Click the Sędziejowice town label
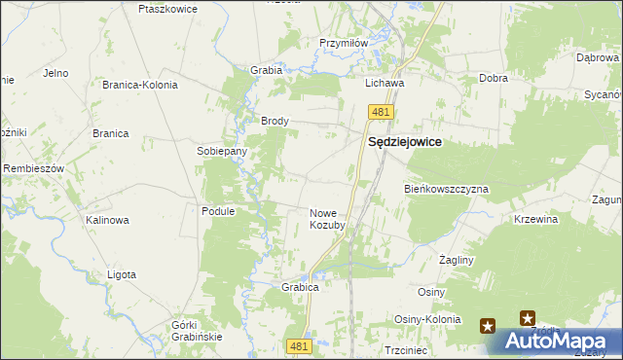pos(404,142)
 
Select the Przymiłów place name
pos(343,43)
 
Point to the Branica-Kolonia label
pos(140,85)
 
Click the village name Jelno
pos(55,73)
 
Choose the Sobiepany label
pos(222,152)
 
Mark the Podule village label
pos(218,211)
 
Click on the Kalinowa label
pos(107,220)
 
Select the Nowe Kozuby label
pos(327,219)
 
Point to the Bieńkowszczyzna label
pos(446,189)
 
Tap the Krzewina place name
pos(536,220)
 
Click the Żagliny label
pos(456,261)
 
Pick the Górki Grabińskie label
pos(197,330)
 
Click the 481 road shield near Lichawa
pos(380,113)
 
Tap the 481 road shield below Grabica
pos(301,345)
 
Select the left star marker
pos(487,327)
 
